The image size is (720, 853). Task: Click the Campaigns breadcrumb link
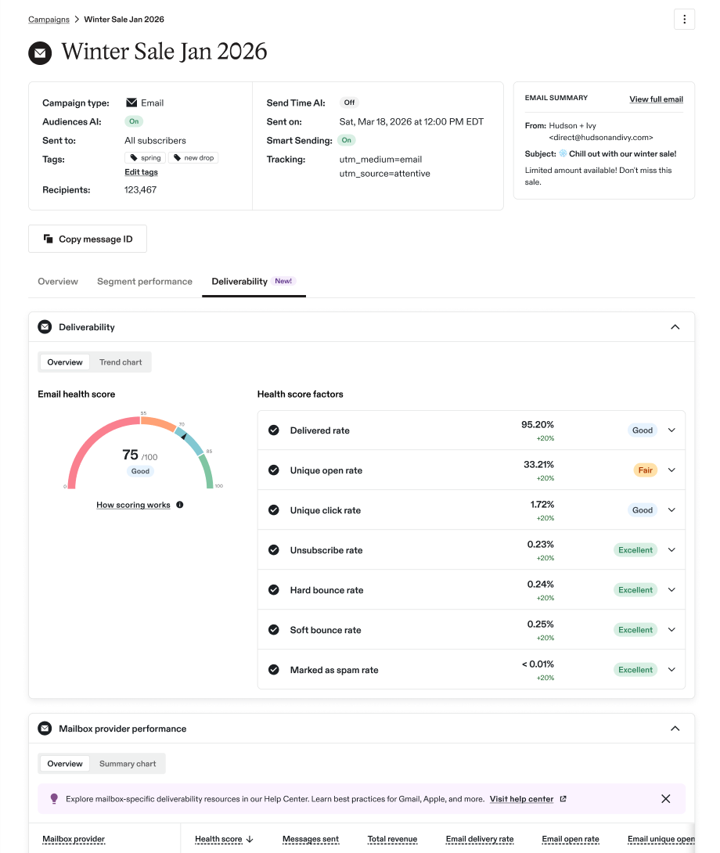point(49,20)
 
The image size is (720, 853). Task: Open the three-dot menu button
point(684,20)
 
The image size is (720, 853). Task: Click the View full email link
point(656,99)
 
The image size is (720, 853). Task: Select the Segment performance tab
point(144,281)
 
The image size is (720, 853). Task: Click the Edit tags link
point(141,172)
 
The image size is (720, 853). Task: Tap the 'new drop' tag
point(193,158)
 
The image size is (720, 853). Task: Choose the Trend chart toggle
point(121,362)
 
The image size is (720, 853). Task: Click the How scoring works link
point(133,505)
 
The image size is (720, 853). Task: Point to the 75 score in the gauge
point(130,454)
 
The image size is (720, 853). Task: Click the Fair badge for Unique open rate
point(645,470)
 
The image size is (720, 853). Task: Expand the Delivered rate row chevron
point(671,430)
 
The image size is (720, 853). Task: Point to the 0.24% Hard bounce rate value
point(540,585)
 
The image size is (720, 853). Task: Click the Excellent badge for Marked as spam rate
point(635,670)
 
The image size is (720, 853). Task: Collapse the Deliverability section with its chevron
point(675,327)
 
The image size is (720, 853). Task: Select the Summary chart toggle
point(128,764)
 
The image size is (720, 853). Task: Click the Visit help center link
point(521,799)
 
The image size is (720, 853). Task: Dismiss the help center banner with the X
point(665,798)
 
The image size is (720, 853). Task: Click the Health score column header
point(218,840)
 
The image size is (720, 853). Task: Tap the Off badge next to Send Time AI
point(349,103)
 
